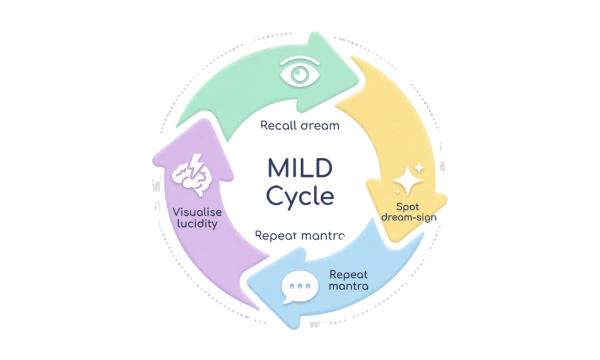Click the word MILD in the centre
(299, 168)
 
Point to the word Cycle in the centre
(299, 196)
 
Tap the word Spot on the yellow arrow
(408, 206)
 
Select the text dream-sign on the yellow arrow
(408, 218)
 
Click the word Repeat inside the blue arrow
(349, 274)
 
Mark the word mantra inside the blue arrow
(349, 286)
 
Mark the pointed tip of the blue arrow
(248, 284)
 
